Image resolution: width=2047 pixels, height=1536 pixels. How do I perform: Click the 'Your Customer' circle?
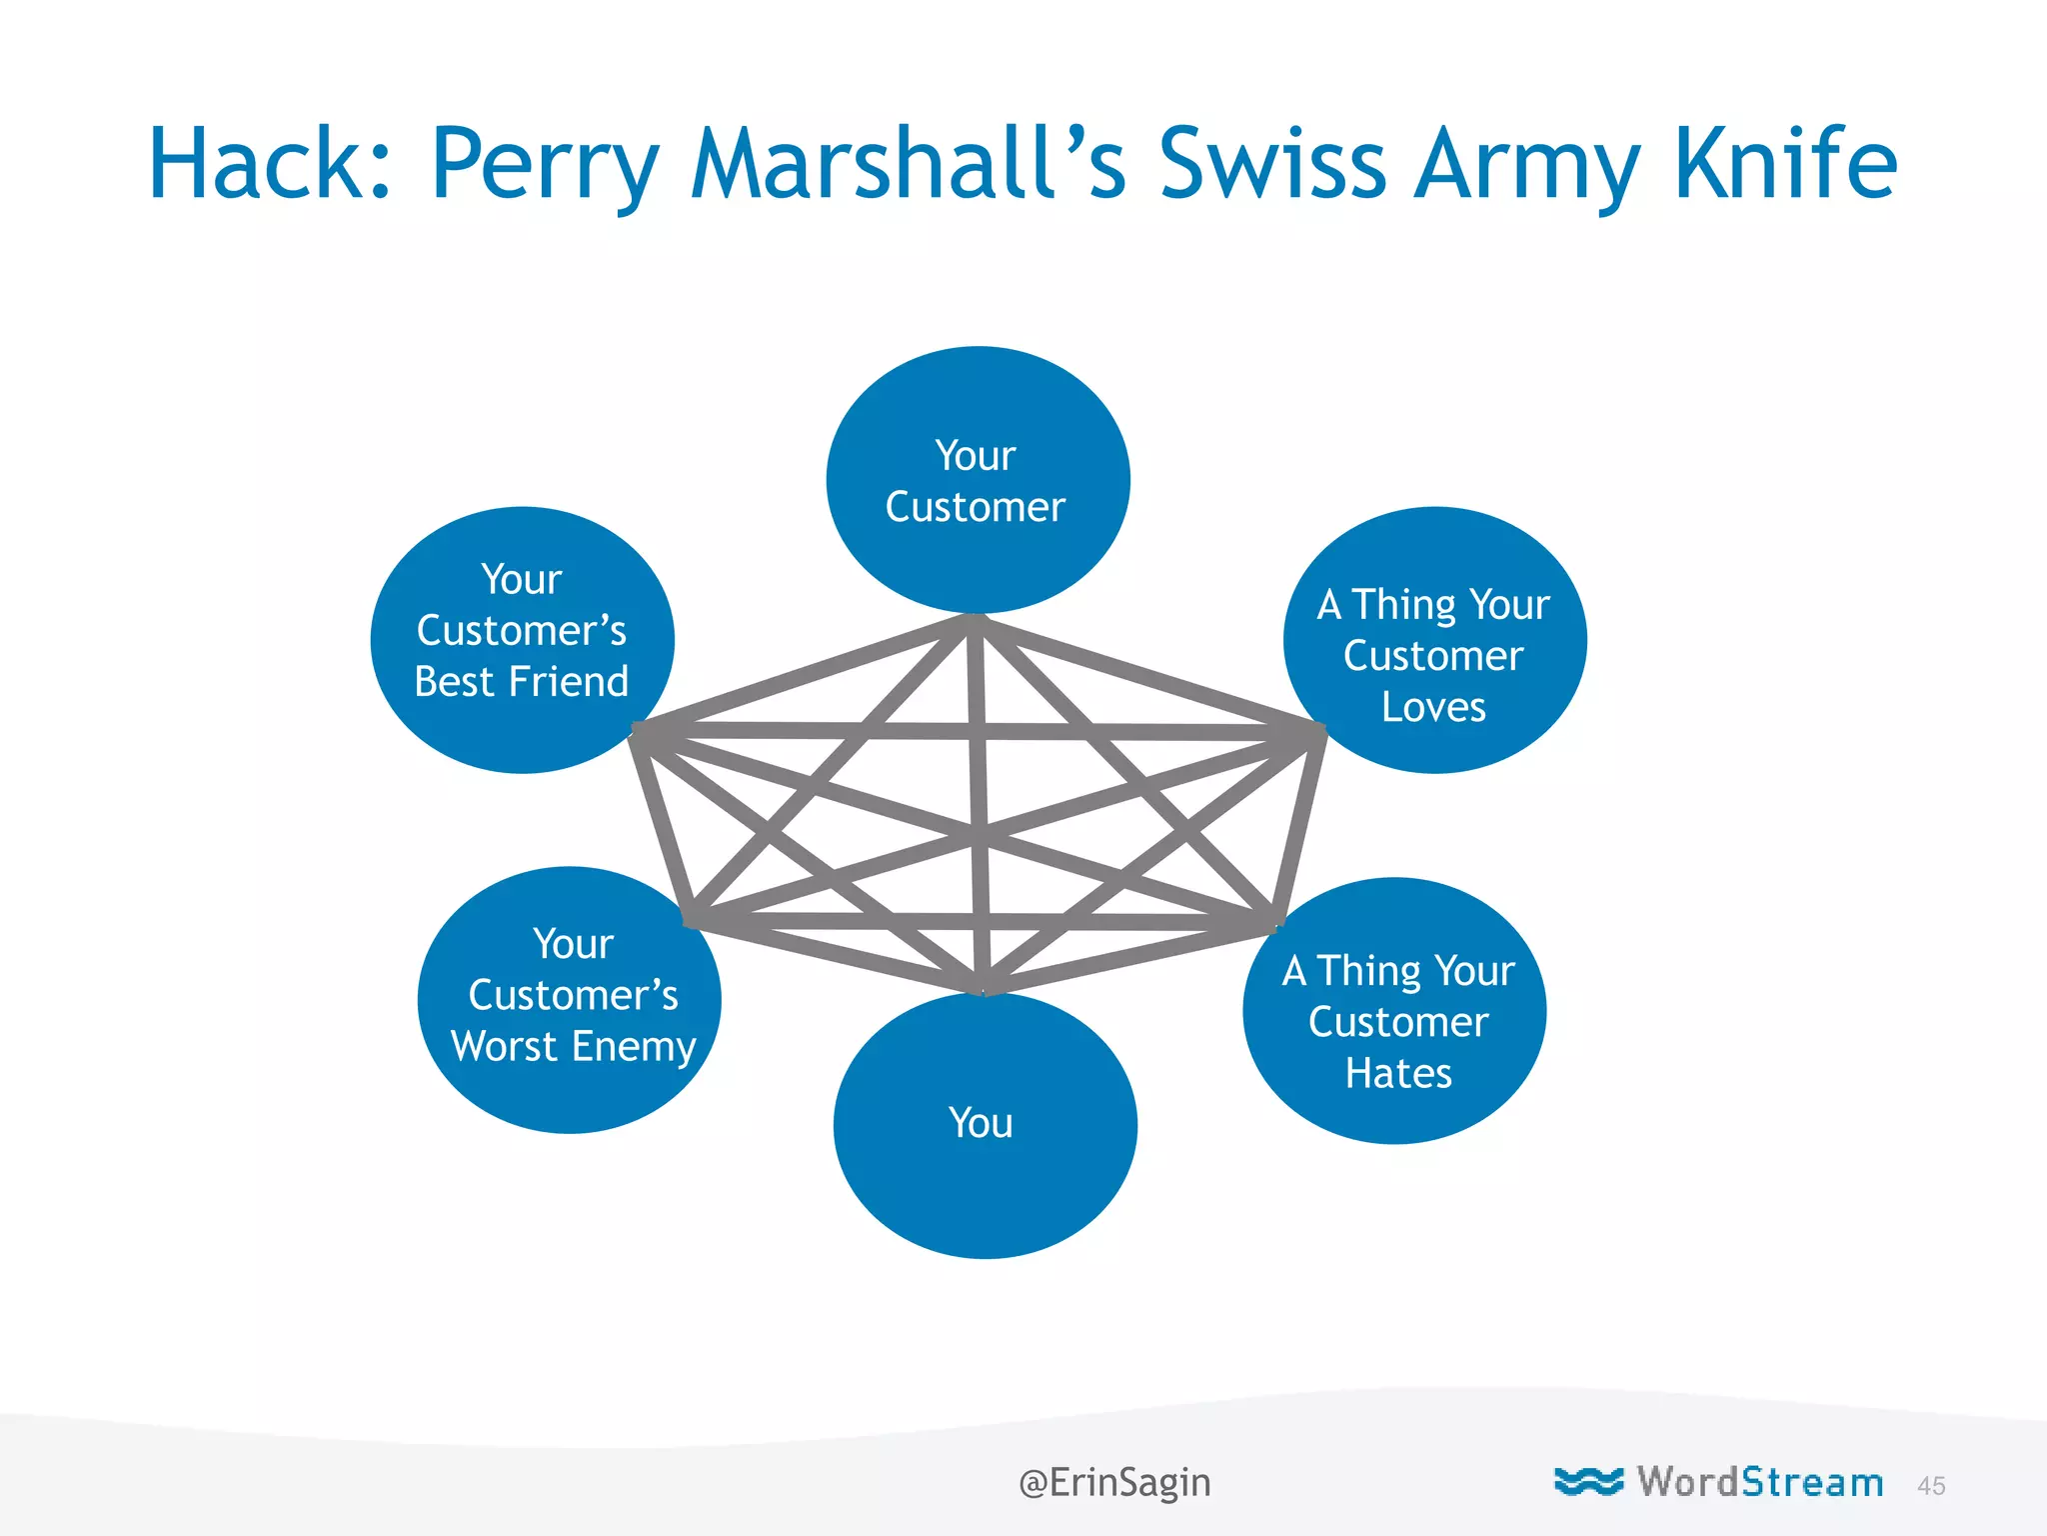(x=978, y=480)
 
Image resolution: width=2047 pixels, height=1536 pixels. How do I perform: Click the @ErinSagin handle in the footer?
(x=1114, y=1482)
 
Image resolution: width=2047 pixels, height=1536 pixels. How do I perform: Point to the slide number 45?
(x=1931, y=1486)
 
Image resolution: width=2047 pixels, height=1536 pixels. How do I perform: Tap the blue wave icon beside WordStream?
(x=1588, y=1481)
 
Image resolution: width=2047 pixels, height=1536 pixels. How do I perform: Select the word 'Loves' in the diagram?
(x=1433, y=707)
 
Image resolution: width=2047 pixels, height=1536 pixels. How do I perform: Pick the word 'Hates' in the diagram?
(x=1398, y=1073)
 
